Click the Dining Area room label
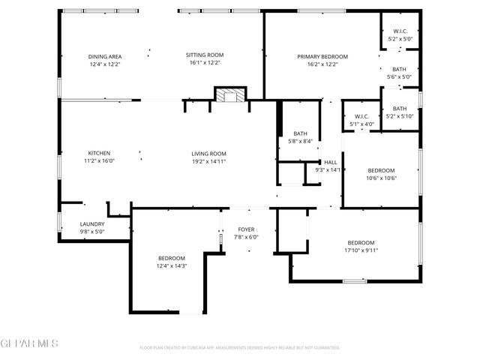point(105,56)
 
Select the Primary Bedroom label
point(322,56)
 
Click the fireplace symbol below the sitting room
point(230,94)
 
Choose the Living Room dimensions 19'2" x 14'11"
point(208,161)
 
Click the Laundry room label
point(93,223)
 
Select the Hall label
point(331,162)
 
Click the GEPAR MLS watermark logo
point(29,344)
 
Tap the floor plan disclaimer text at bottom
point(240,348)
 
